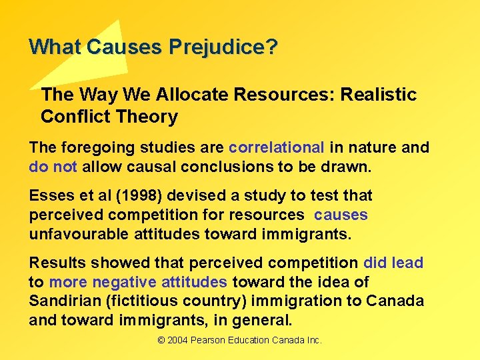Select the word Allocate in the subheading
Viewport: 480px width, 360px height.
194,95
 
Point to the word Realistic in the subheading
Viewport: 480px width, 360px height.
378,95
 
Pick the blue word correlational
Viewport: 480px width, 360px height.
276,147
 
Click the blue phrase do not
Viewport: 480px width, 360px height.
53,167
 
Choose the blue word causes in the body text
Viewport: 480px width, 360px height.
341,215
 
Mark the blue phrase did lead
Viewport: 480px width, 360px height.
393,263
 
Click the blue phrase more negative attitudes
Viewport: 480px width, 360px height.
138,282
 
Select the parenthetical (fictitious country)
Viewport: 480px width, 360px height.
194,301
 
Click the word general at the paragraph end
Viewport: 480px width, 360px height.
264,320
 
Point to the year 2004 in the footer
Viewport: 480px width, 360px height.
177,340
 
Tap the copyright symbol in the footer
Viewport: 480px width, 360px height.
161,340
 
